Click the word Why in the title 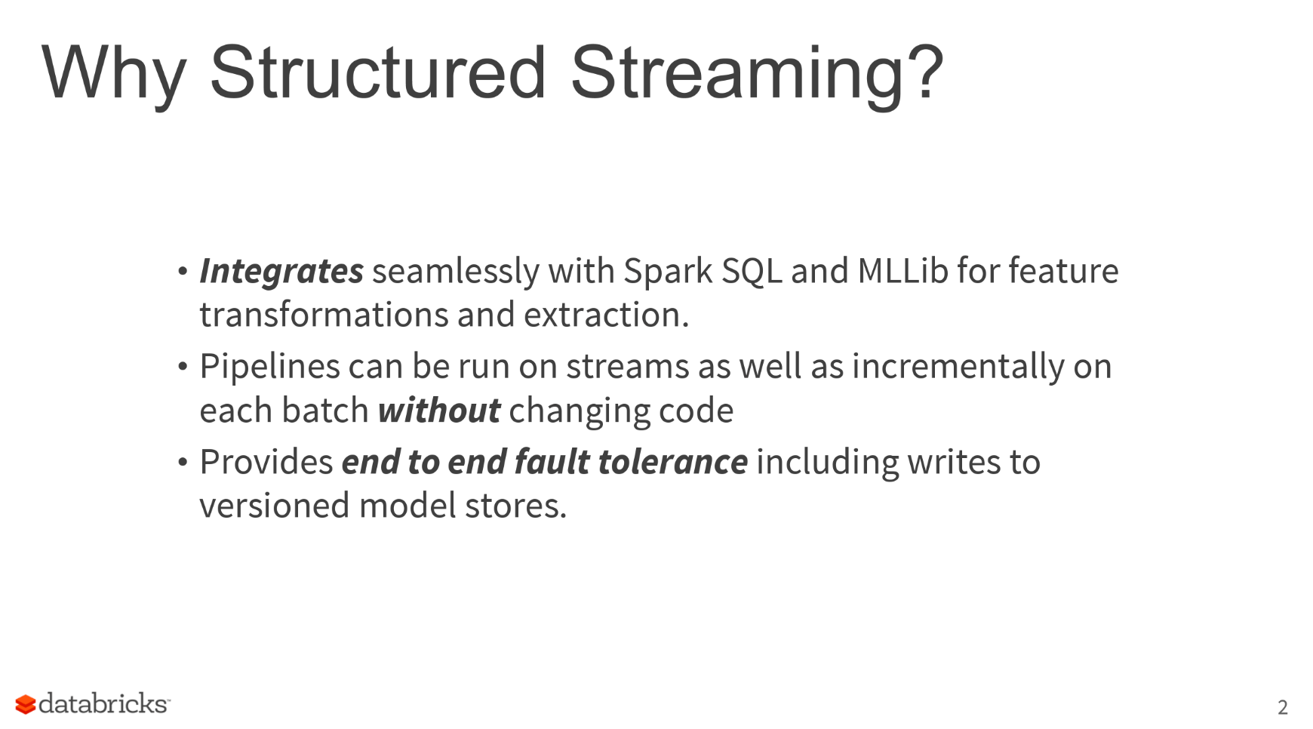click(x=114, y=73)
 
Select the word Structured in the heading click(x=377, y=72)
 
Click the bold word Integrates click(x=281, y=271)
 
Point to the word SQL click(x=751, y=271)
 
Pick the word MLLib click(x=902, y=270)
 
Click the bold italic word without click(x=439, y=411)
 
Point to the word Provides click(x=266, y=462)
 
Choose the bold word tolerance click(x=672, y=462)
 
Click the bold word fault click(x=552, y=462)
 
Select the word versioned click(x=275, y=506)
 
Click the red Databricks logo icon click(x=26, y=704)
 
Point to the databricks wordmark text click(x=103, y=703)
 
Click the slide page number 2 click(x=1282, y=707)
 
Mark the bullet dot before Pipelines click(x=183, y=367)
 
